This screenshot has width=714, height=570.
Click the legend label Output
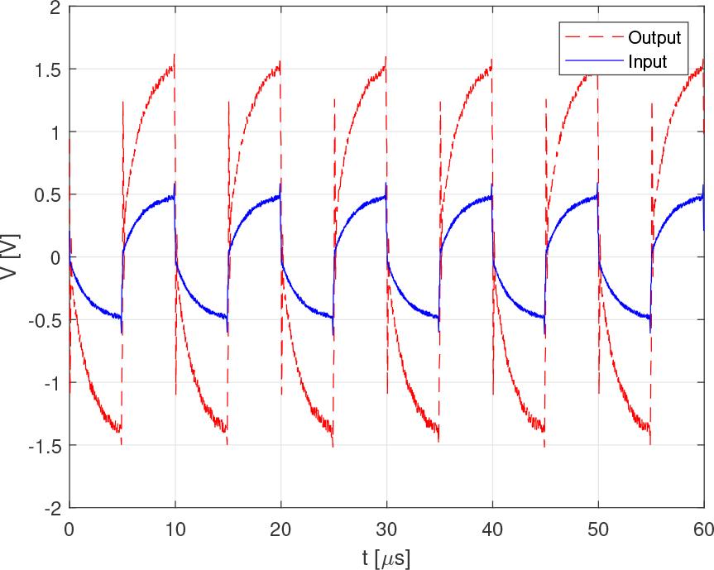[x=654, y=38]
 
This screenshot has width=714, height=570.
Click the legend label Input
[x=647, y=61]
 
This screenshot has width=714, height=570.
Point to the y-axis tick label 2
[x=55, y=7]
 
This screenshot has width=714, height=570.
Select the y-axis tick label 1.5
[x=48, y=70]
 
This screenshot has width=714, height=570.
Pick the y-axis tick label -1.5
[x=46, y=446]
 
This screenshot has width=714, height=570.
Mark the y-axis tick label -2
[x=51, y=508]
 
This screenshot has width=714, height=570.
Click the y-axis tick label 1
[x=55, y=132]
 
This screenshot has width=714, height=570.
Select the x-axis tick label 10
[x=175, y=529]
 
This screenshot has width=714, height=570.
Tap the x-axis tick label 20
[x=280, y=529]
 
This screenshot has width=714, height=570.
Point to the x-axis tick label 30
[x=386, y=529]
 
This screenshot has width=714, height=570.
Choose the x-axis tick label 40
[x=492, y=529]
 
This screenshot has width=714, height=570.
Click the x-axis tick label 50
[x=598, y=529]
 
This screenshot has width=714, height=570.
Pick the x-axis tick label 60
[x=702, y=529]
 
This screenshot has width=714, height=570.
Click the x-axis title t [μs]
[x=386, y=557]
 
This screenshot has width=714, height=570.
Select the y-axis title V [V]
[x=12, y=257]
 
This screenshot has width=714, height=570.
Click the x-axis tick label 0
[x=69, y=529]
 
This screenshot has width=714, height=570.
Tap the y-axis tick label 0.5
[x=48, y=195]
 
